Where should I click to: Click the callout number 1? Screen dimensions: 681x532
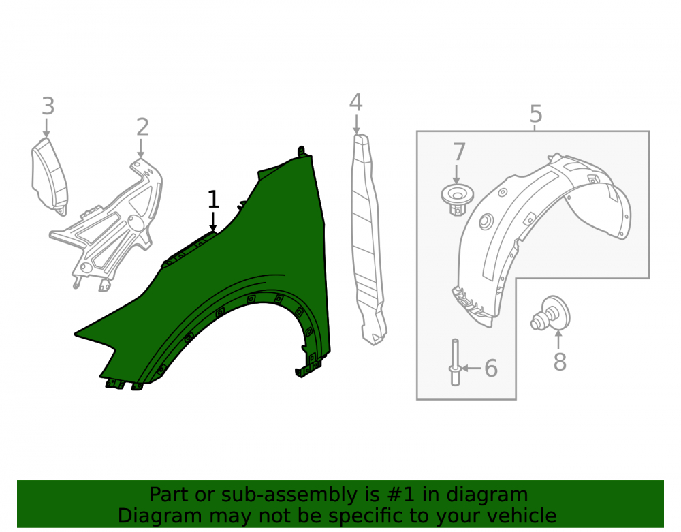(x=213, y=200)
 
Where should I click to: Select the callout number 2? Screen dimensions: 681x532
(x=142, y=127)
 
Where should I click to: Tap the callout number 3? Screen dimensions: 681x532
(x=48, y=106)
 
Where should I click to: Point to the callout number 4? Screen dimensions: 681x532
(x=355, y=102)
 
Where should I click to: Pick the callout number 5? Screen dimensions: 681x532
(x=537, y=114)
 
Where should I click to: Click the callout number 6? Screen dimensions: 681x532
(x=491, y=369)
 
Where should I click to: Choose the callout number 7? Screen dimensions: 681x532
(x=459, y=152)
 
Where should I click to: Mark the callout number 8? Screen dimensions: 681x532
(x=560, y=362)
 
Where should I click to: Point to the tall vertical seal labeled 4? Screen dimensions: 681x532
(x=367, y=239)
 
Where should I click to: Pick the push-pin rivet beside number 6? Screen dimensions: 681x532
(x=455, y=362)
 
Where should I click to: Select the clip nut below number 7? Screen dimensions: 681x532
(x=457, y=200)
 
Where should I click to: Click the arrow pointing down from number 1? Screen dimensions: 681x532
(x=212, y=222)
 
